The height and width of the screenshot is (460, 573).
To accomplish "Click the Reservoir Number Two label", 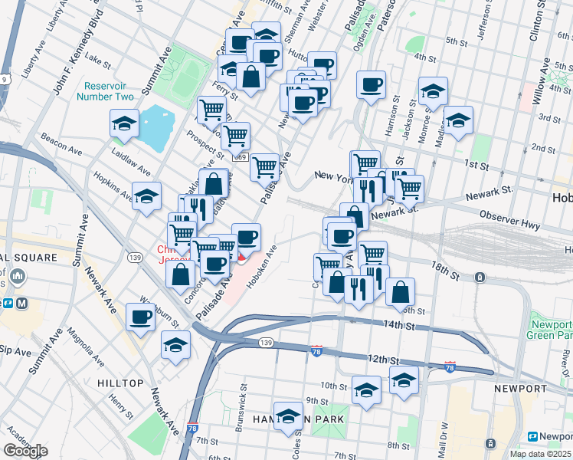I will pyautogui.click(x=105, y=90).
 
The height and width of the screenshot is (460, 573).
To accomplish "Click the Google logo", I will pyautogui.click(x=25, y=451).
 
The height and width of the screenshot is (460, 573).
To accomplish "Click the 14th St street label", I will pyautogui.click(x=398, y=326).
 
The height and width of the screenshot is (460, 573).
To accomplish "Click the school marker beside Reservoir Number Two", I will pyautogui.click(x=123, y=124).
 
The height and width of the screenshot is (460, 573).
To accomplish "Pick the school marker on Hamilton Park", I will pyautogui.click(x=288, y=416).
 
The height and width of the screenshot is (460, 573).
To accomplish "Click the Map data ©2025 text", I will pyautogui.click(x=539, y=454).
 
